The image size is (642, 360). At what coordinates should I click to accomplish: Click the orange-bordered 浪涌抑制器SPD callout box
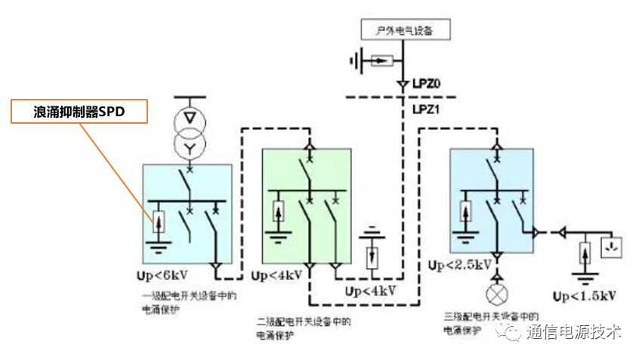[x=79, y=112]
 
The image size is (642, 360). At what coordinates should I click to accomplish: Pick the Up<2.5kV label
[x=459, y=265]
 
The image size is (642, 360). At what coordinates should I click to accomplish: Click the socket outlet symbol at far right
[x=610, y=246]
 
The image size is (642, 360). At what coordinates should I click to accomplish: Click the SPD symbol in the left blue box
[x=159, y=222]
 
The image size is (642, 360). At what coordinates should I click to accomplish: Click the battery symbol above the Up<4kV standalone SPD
[x=371, y=229]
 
